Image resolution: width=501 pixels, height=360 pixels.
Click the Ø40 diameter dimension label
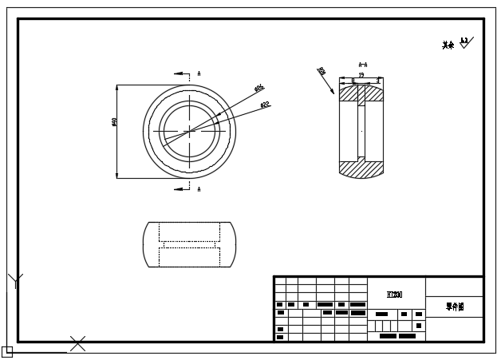[115, 122]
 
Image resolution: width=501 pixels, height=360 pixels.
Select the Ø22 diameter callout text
[265, 105]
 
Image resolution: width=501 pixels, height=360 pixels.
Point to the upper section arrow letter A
[199, 73]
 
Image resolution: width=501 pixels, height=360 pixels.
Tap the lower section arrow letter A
[199, 189]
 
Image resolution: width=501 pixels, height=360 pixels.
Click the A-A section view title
[362, 65]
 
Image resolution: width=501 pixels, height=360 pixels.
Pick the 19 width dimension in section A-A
[361, 75]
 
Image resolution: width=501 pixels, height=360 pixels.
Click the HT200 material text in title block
[394, 295]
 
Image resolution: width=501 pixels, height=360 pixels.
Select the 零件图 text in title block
[454, 306]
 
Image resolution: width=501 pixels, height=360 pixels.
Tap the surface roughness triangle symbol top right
[465, 42]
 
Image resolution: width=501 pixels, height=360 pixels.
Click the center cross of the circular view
[190, 131]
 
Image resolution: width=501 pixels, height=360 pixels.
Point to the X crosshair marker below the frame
[77, 344]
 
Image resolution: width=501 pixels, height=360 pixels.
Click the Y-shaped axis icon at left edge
[15, 280]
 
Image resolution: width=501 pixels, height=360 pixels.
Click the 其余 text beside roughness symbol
[448, 45]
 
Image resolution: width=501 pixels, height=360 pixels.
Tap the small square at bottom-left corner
[6, 351]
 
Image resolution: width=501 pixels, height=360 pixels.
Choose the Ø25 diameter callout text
[259, 89]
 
